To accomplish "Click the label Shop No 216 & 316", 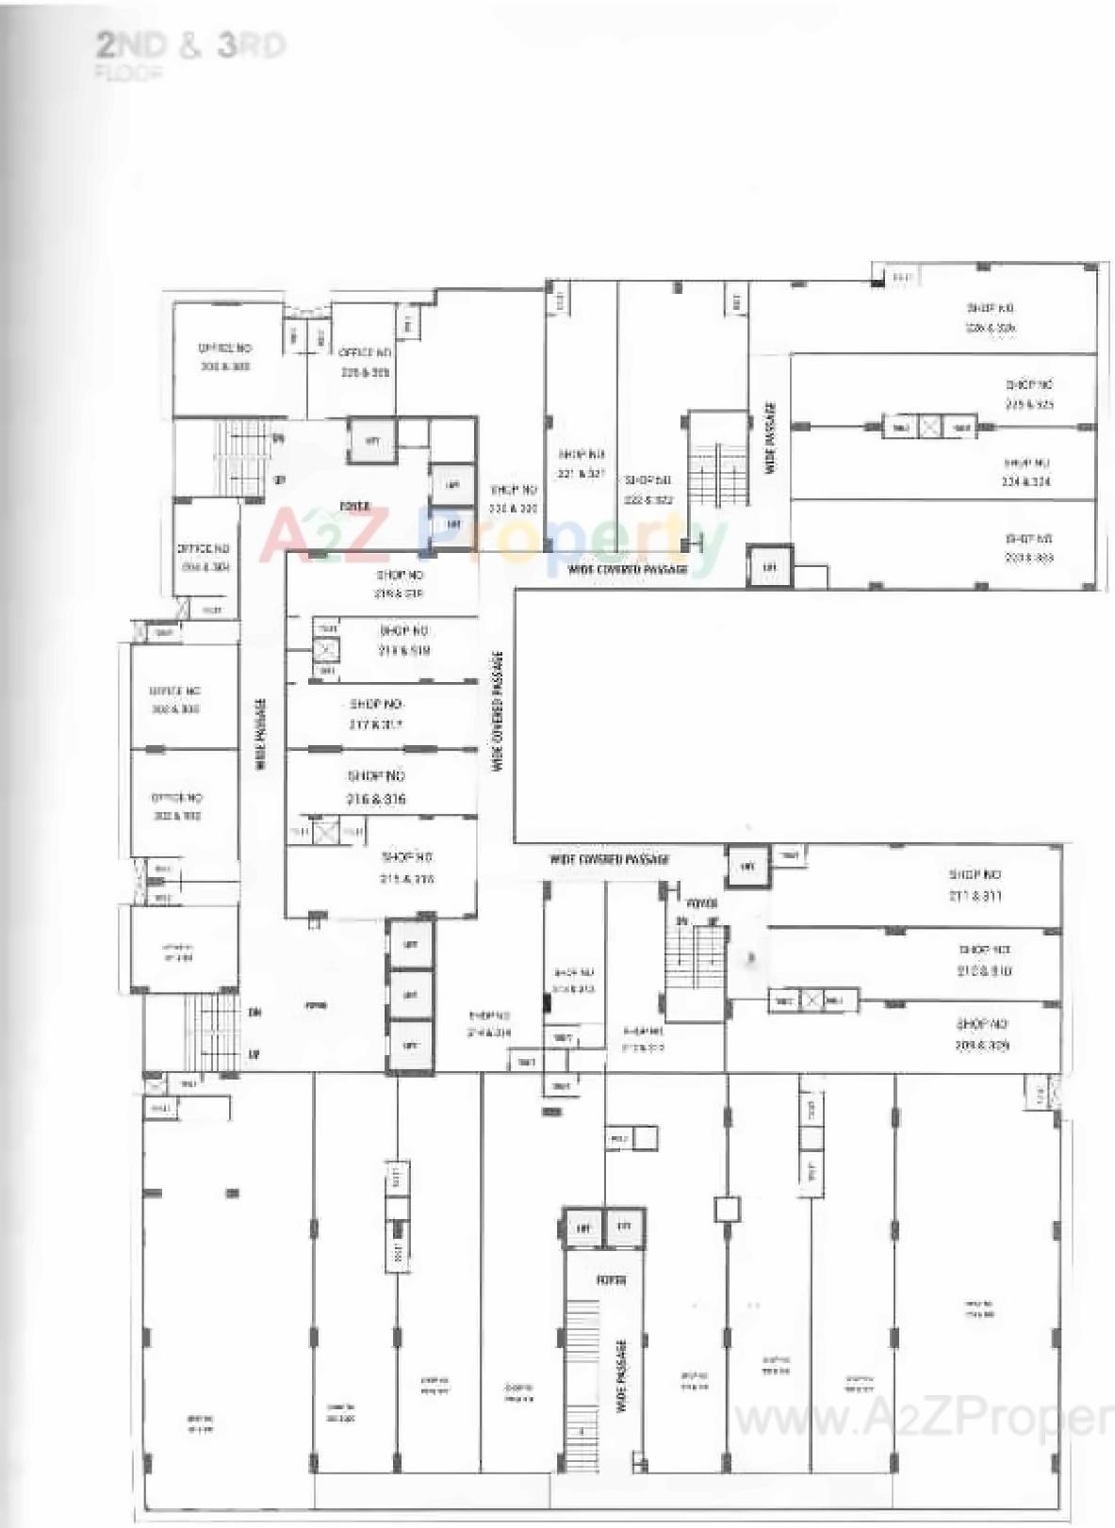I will [x=376, y=788].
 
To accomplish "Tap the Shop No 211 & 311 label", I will [x=975, y=886].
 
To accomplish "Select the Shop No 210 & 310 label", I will [x=985, y=960].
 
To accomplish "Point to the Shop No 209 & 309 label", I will [x=981, y=1034].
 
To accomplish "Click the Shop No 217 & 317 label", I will [x=376, y=714].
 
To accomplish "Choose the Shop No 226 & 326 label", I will [x=990, y=317].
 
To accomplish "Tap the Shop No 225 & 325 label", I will [x=1029, y=394].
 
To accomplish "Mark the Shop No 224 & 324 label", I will [x=1026, y=472].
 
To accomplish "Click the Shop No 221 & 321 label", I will [x=582, y=463].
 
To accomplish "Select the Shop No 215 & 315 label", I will [x=406, y=868].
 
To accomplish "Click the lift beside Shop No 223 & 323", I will [x=769, y=567].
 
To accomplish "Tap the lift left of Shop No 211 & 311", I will [x=748, y=866].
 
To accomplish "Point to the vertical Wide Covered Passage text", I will [x=497, y=711].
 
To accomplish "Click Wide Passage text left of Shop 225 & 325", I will [x=771, y=438].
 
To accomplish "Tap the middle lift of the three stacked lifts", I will [x=410, y=995].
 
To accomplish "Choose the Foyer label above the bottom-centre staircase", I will [x=611, y=1281].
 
